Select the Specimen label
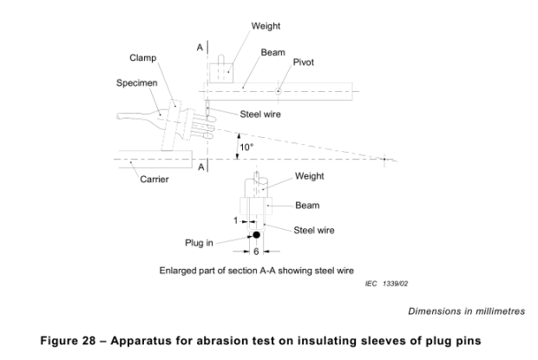(x=136, y=85)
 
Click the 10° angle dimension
(x=247, y=147)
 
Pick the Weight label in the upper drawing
(x=266, y=26)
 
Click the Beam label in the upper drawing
(x=272, y=52)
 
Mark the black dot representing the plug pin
(x=257, y=235)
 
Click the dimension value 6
(x=257, y=252)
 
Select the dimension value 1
(x=235, y=220)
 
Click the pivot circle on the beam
(x=278, y=88)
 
